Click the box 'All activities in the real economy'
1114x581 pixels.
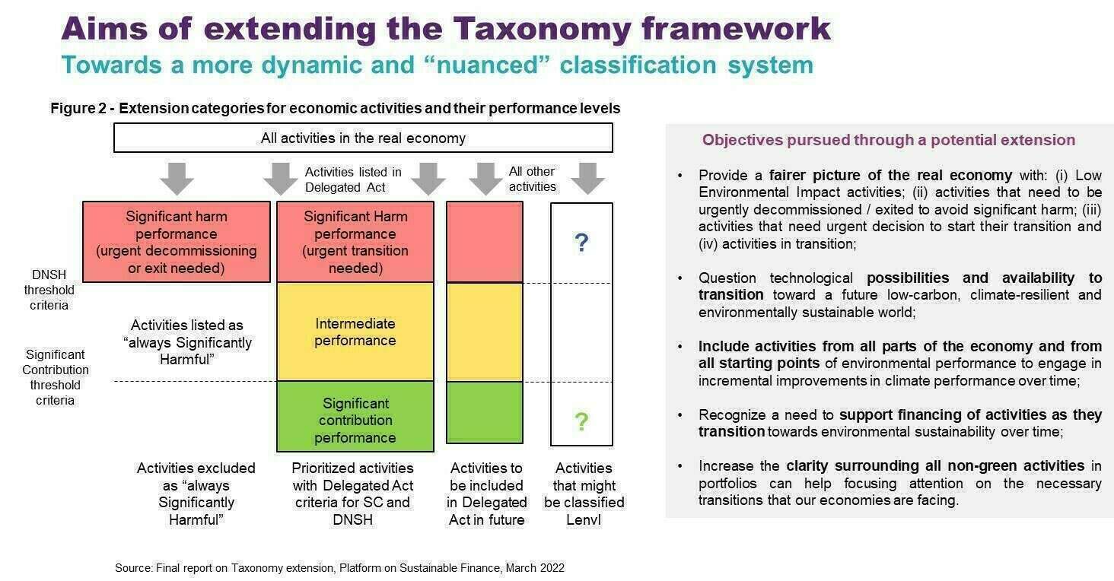[363, 138]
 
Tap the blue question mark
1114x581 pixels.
[581, 243]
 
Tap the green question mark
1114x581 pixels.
[581, 421]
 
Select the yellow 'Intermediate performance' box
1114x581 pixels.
[355, 332]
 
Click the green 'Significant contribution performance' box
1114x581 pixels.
[355, 417]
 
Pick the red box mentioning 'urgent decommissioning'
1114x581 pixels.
[177, 242]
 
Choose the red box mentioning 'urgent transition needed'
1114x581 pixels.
[355, 242]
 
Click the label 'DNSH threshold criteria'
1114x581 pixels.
[49, 290]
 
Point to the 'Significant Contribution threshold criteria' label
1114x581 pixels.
[56, 377]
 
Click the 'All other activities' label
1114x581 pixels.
[532, 179]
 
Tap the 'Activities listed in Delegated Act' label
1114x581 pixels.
[353, 179]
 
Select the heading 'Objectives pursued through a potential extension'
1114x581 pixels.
[889, 140]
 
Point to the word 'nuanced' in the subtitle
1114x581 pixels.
[487, 65]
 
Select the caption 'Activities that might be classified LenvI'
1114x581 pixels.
[584, 494]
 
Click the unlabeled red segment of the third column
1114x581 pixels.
[485, 242]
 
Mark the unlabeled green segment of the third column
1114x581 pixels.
[485, 412]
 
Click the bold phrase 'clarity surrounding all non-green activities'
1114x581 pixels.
[935, 465]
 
